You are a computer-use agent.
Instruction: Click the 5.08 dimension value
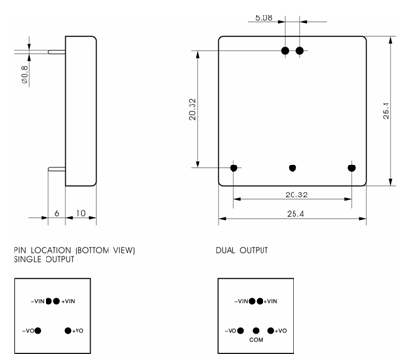click(x=263, y=18)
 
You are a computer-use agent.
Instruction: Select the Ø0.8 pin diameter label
click(x=25, y=75)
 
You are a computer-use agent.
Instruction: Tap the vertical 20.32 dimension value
click(x=192, y=109)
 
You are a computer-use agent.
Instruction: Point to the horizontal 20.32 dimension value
click(x=296, y=195)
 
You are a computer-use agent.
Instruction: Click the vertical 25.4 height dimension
click(x=387, y=110)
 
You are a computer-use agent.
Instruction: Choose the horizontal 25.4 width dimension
click(x=295, y=214)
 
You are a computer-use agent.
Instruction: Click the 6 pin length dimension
click(x=57, y=213)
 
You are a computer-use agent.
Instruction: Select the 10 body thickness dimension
click(x=81, y=213)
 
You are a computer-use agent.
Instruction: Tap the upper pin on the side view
click(x=57, y=52)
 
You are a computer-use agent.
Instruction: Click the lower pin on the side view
click(x=57, y=169)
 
